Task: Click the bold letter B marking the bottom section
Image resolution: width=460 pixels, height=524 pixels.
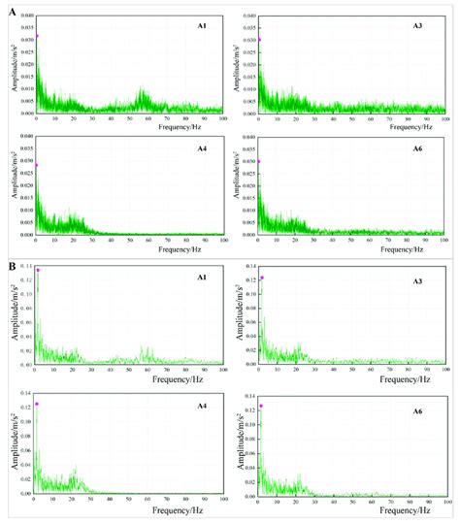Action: [x=12, y=264]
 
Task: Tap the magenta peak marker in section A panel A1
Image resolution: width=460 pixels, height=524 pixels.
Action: [x=35, y=39]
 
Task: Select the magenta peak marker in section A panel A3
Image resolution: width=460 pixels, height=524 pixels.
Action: [x=260, y=40]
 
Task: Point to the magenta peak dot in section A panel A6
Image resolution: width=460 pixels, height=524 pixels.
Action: [x=260, y=162]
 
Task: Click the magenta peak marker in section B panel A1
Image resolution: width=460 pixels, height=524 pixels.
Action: [x=38, y=271]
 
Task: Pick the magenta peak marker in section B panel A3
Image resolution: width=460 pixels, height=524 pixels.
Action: [x=262, y=278]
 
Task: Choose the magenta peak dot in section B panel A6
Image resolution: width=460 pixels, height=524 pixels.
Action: [x=261, y=407]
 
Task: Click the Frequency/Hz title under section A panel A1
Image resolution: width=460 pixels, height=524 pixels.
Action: [x=128, y=126]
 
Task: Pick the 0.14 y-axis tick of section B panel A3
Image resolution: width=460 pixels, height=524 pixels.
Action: [x=249, y=266]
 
